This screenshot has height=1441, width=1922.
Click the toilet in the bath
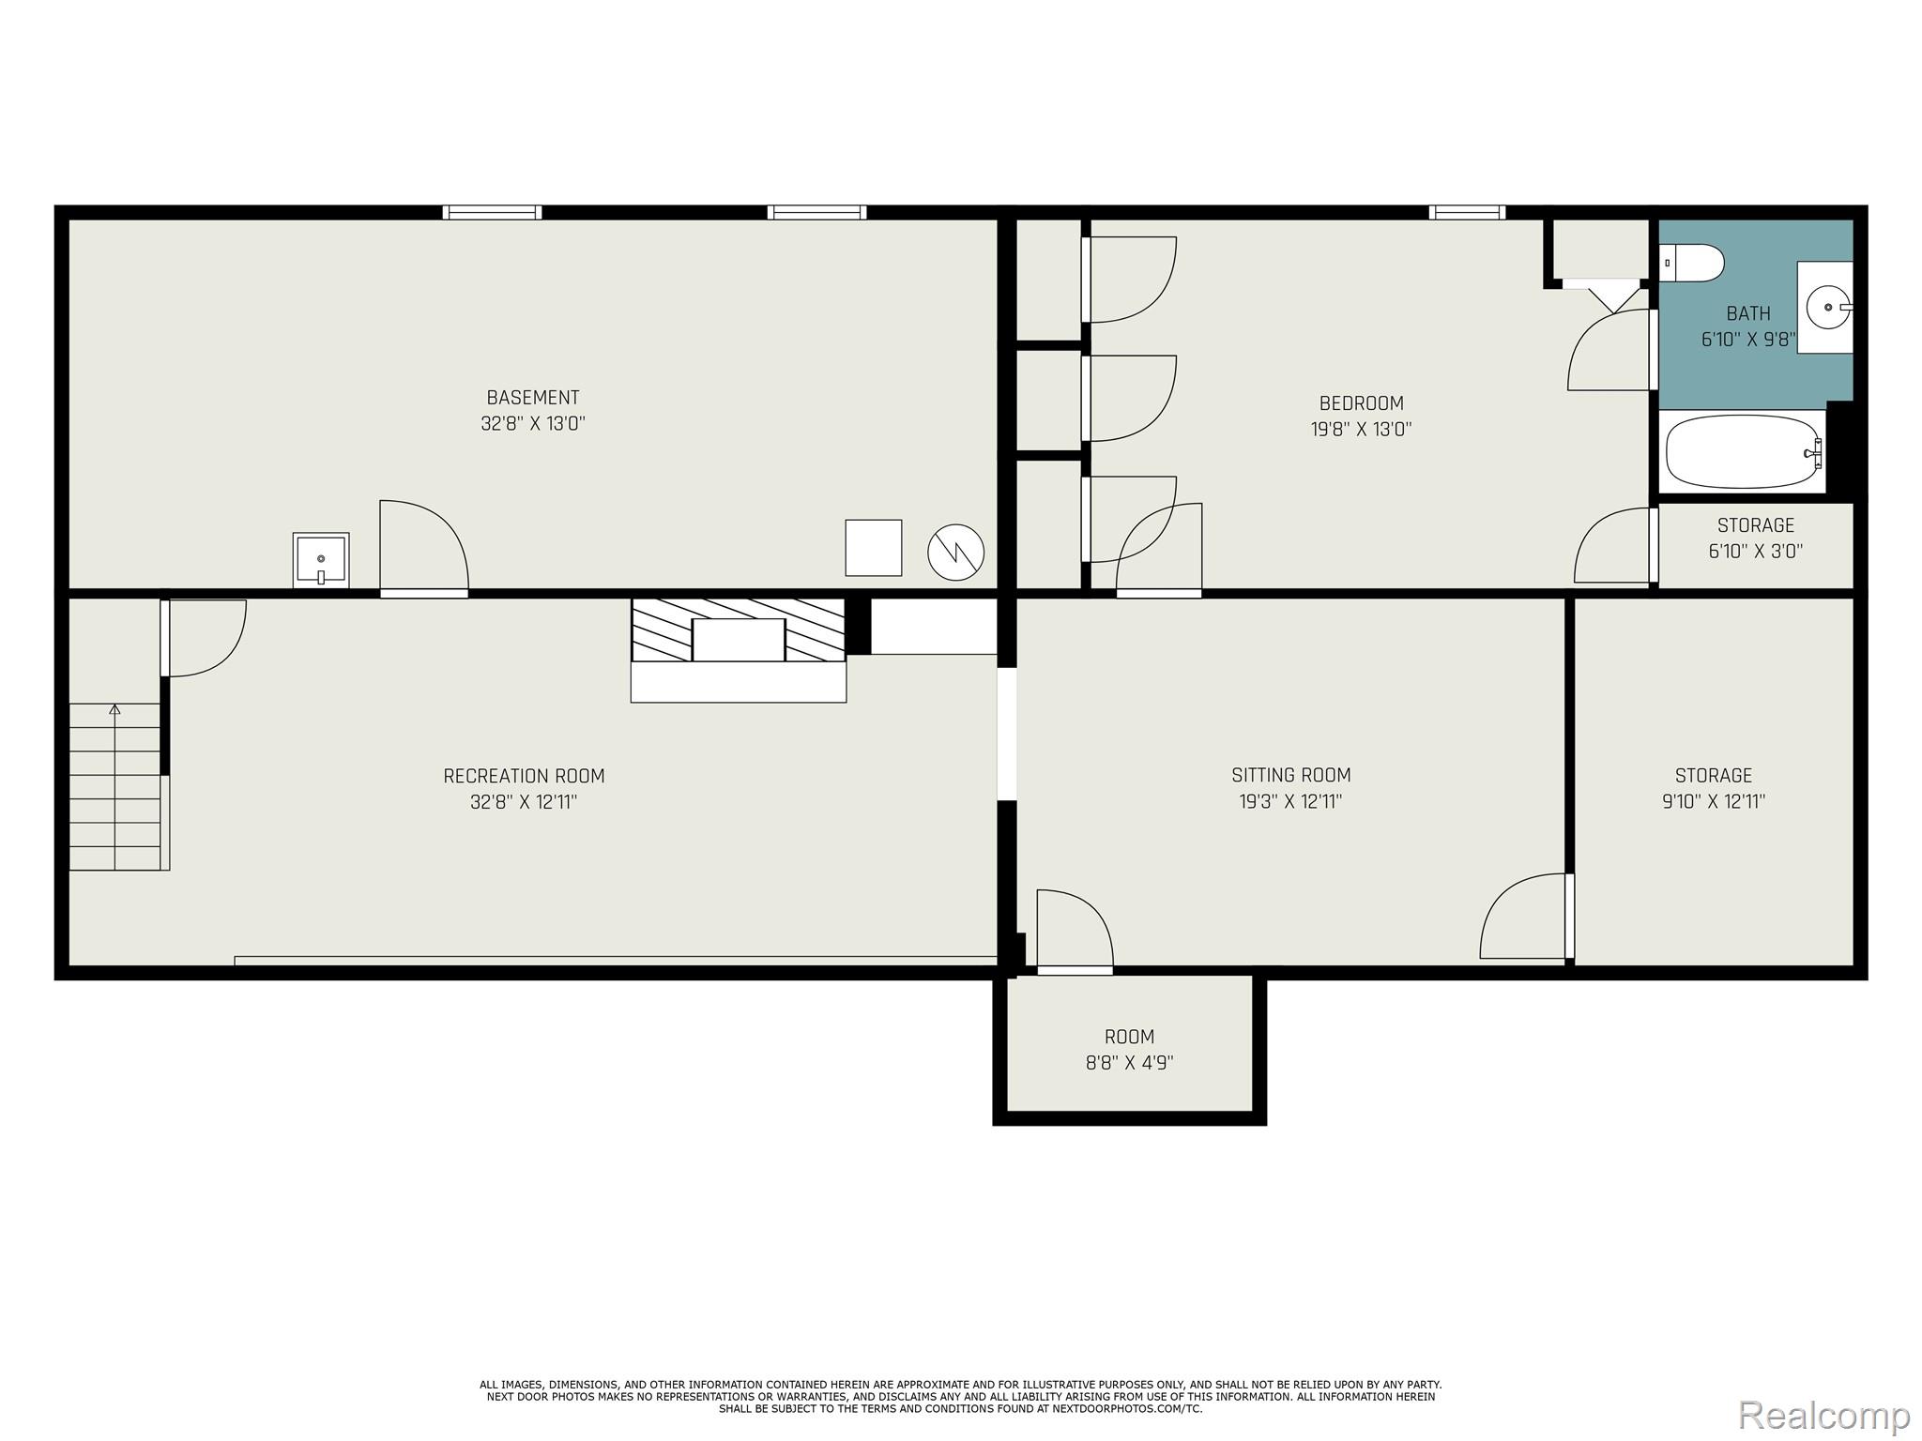tap(1693, 263)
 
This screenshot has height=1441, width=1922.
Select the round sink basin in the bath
tap(1827, 308)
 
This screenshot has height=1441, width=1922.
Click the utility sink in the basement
tap(321, 560)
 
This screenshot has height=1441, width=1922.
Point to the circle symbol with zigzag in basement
tap(955, 552)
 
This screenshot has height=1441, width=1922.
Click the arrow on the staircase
tap(114, 710)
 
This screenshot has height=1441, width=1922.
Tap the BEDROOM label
tap(1361, 403)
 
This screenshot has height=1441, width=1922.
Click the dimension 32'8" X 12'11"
tap(524, 802)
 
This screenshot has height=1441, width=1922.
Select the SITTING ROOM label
tap(1290, 775)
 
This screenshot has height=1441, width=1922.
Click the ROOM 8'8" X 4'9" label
tap(1129, 1049)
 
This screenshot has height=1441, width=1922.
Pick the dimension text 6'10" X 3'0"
tap(1755, 552)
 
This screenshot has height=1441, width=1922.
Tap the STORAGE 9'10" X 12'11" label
tap(1713, 788)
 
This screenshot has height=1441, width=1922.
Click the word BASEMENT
tap(532, 398)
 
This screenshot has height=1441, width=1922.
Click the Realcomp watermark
tap(1823, 1415)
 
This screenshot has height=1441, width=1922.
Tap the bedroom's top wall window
tap(1467, 213)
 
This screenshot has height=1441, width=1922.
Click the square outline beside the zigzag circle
tap(873, 548)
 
